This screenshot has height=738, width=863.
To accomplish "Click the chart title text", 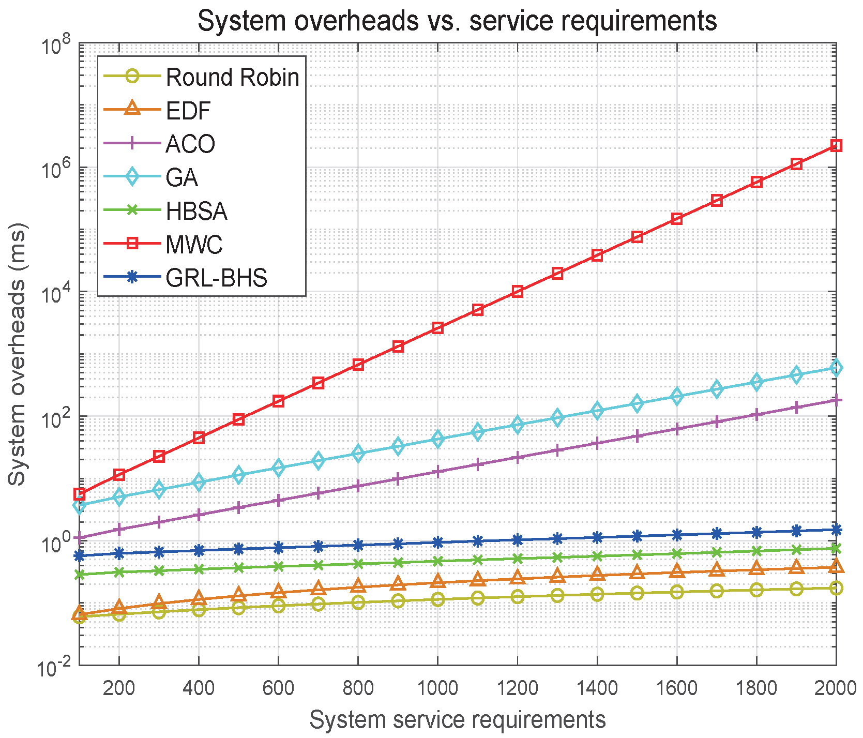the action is point(457,21).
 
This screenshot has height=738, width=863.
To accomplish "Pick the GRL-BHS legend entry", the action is point(186,278).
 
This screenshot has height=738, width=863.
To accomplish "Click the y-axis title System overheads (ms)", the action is point(18,354).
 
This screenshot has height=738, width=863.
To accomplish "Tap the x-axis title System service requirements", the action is point(457,720).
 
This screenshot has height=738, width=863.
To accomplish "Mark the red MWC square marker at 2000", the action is point(836,146).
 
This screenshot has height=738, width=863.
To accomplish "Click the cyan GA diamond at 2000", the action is point(836,368).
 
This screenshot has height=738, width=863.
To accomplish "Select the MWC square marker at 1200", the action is point(517,292).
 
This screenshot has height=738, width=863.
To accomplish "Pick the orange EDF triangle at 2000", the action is point(836,566).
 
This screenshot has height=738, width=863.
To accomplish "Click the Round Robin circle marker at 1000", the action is point(437,600).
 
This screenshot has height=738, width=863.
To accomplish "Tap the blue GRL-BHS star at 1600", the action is point(677,535).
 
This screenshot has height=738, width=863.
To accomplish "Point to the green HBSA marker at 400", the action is point(199,569).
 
